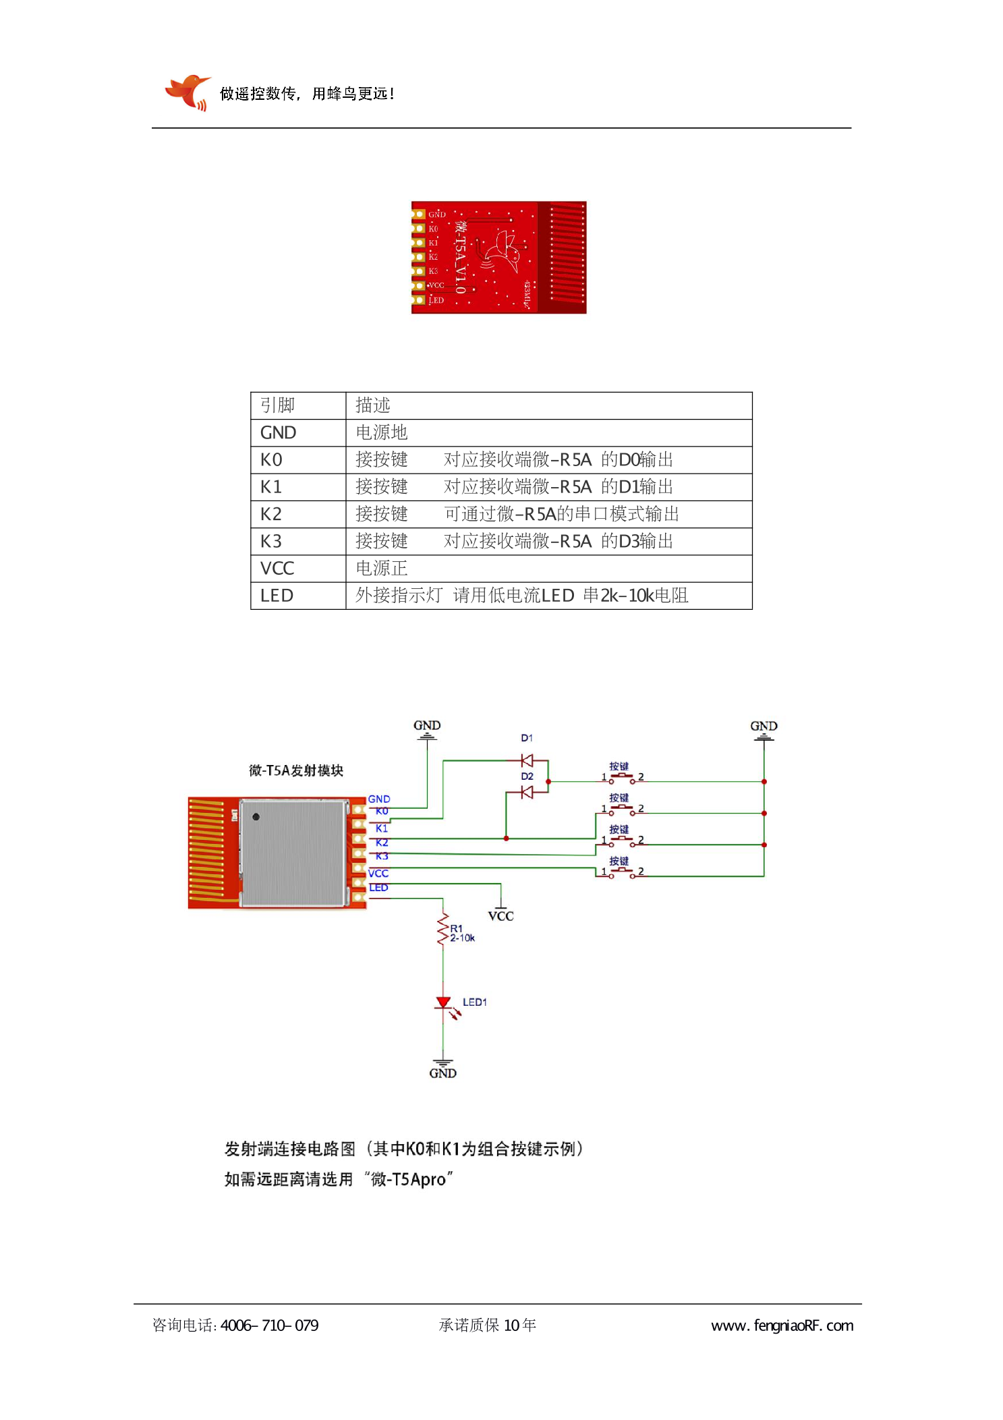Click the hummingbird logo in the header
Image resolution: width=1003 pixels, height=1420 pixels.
187,92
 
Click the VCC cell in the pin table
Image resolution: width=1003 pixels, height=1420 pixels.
277,569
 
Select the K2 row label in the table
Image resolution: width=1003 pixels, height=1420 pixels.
271,514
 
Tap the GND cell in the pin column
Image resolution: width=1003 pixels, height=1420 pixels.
278,432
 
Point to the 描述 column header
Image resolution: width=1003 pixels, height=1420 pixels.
373,405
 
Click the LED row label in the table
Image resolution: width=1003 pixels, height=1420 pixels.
277,596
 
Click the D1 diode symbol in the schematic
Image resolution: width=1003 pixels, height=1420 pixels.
527,761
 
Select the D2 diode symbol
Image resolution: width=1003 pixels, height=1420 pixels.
527,792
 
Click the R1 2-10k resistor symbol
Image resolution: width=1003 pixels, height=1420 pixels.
443,930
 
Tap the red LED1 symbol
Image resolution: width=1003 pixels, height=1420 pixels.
443,1003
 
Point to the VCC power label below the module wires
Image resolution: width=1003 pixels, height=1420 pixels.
500,916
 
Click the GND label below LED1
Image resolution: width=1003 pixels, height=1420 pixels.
442,1073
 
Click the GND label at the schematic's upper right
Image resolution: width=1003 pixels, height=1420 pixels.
764,727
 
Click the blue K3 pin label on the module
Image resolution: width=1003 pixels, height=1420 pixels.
382,856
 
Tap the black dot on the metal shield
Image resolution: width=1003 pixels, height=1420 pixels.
256,817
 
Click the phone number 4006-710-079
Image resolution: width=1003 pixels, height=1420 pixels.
269,1326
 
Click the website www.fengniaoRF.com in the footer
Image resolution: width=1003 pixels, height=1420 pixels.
782,1326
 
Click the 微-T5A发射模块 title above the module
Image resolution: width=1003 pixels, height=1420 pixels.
296,770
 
